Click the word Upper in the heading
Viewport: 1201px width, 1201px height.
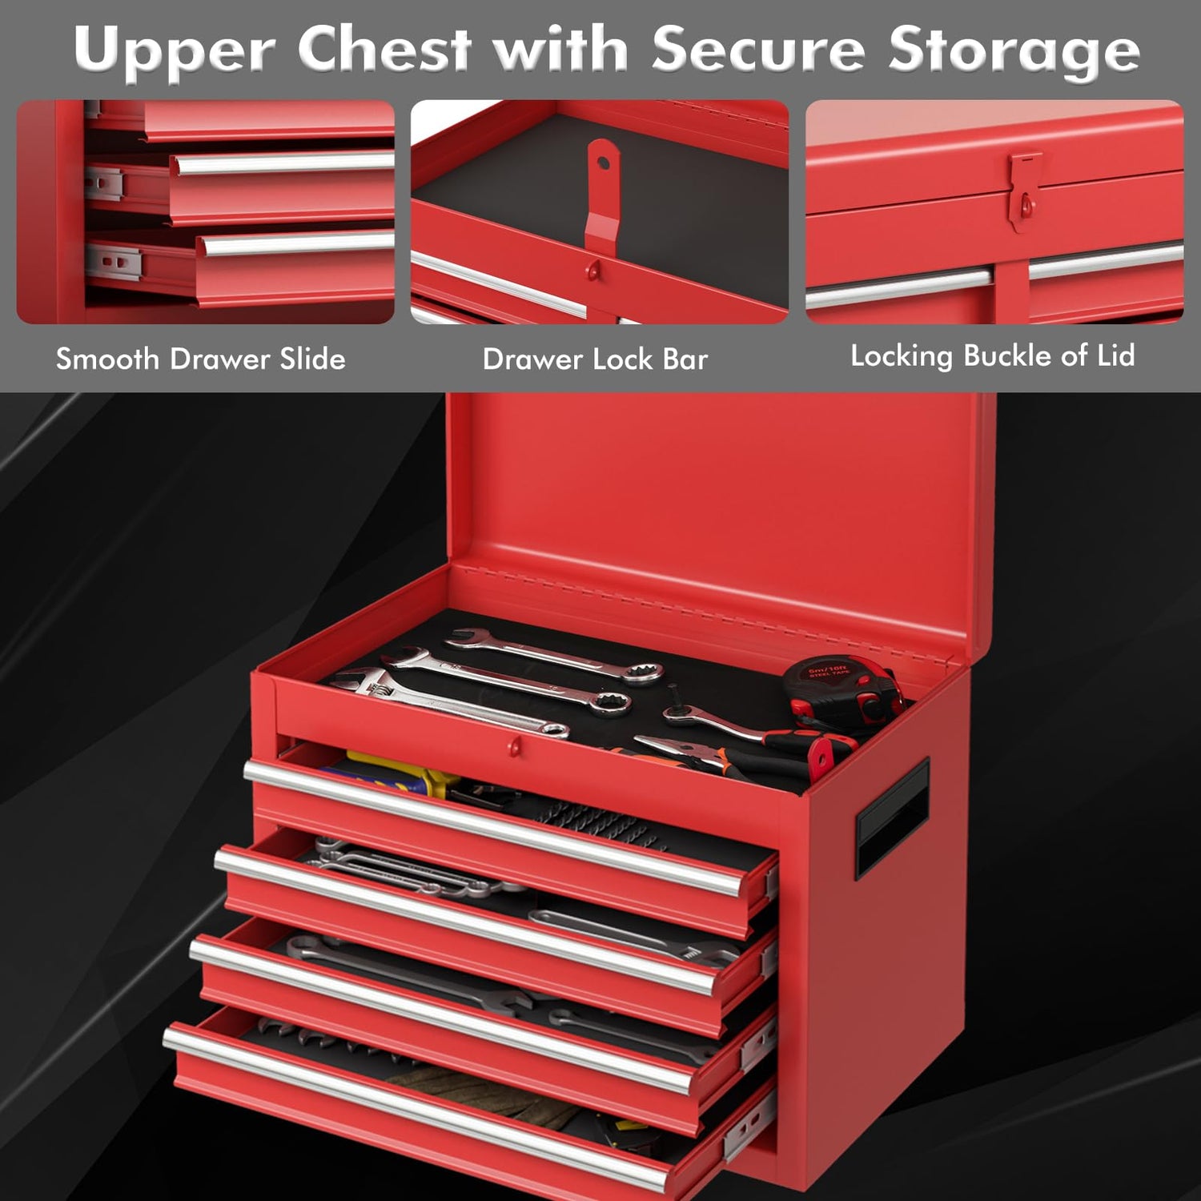[x=177, y=50]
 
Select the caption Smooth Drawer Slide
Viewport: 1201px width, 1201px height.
[x=200, y=359]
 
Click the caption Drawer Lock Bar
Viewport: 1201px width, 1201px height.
[x=595, y=359]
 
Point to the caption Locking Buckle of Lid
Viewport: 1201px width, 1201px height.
[x=992, y=355]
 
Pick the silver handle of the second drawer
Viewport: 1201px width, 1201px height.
[x=464, y=921]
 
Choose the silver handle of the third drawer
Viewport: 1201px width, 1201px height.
[x=440, y=1013]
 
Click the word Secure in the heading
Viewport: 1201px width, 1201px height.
[x=757, y=50]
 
